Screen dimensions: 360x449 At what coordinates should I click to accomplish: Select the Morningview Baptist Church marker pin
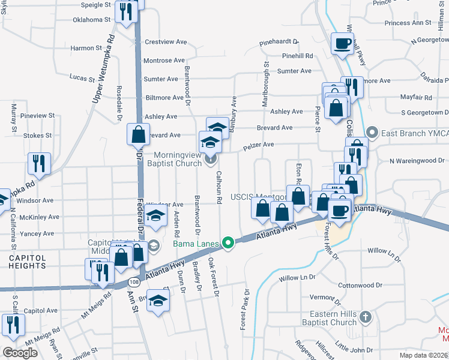click(210, 159)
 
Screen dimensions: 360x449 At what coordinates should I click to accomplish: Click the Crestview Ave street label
click(165, 42)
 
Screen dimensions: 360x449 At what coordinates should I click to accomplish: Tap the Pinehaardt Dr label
click(279, 42)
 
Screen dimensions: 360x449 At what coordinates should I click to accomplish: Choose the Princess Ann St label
click(409, 23)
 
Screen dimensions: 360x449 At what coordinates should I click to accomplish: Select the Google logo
click(20, 352)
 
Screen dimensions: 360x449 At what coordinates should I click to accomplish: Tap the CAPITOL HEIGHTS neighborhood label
click(27, 262)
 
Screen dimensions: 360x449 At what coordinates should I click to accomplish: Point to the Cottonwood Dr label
click(360, 286)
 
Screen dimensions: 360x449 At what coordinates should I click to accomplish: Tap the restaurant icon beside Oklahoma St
click(126, 11)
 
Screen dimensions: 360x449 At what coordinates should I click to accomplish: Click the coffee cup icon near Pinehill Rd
click(343, 43)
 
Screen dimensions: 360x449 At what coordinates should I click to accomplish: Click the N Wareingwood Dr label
click(417, 161)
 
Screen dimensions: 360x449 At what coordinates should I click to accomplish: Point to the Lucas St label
click(82, 79)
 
